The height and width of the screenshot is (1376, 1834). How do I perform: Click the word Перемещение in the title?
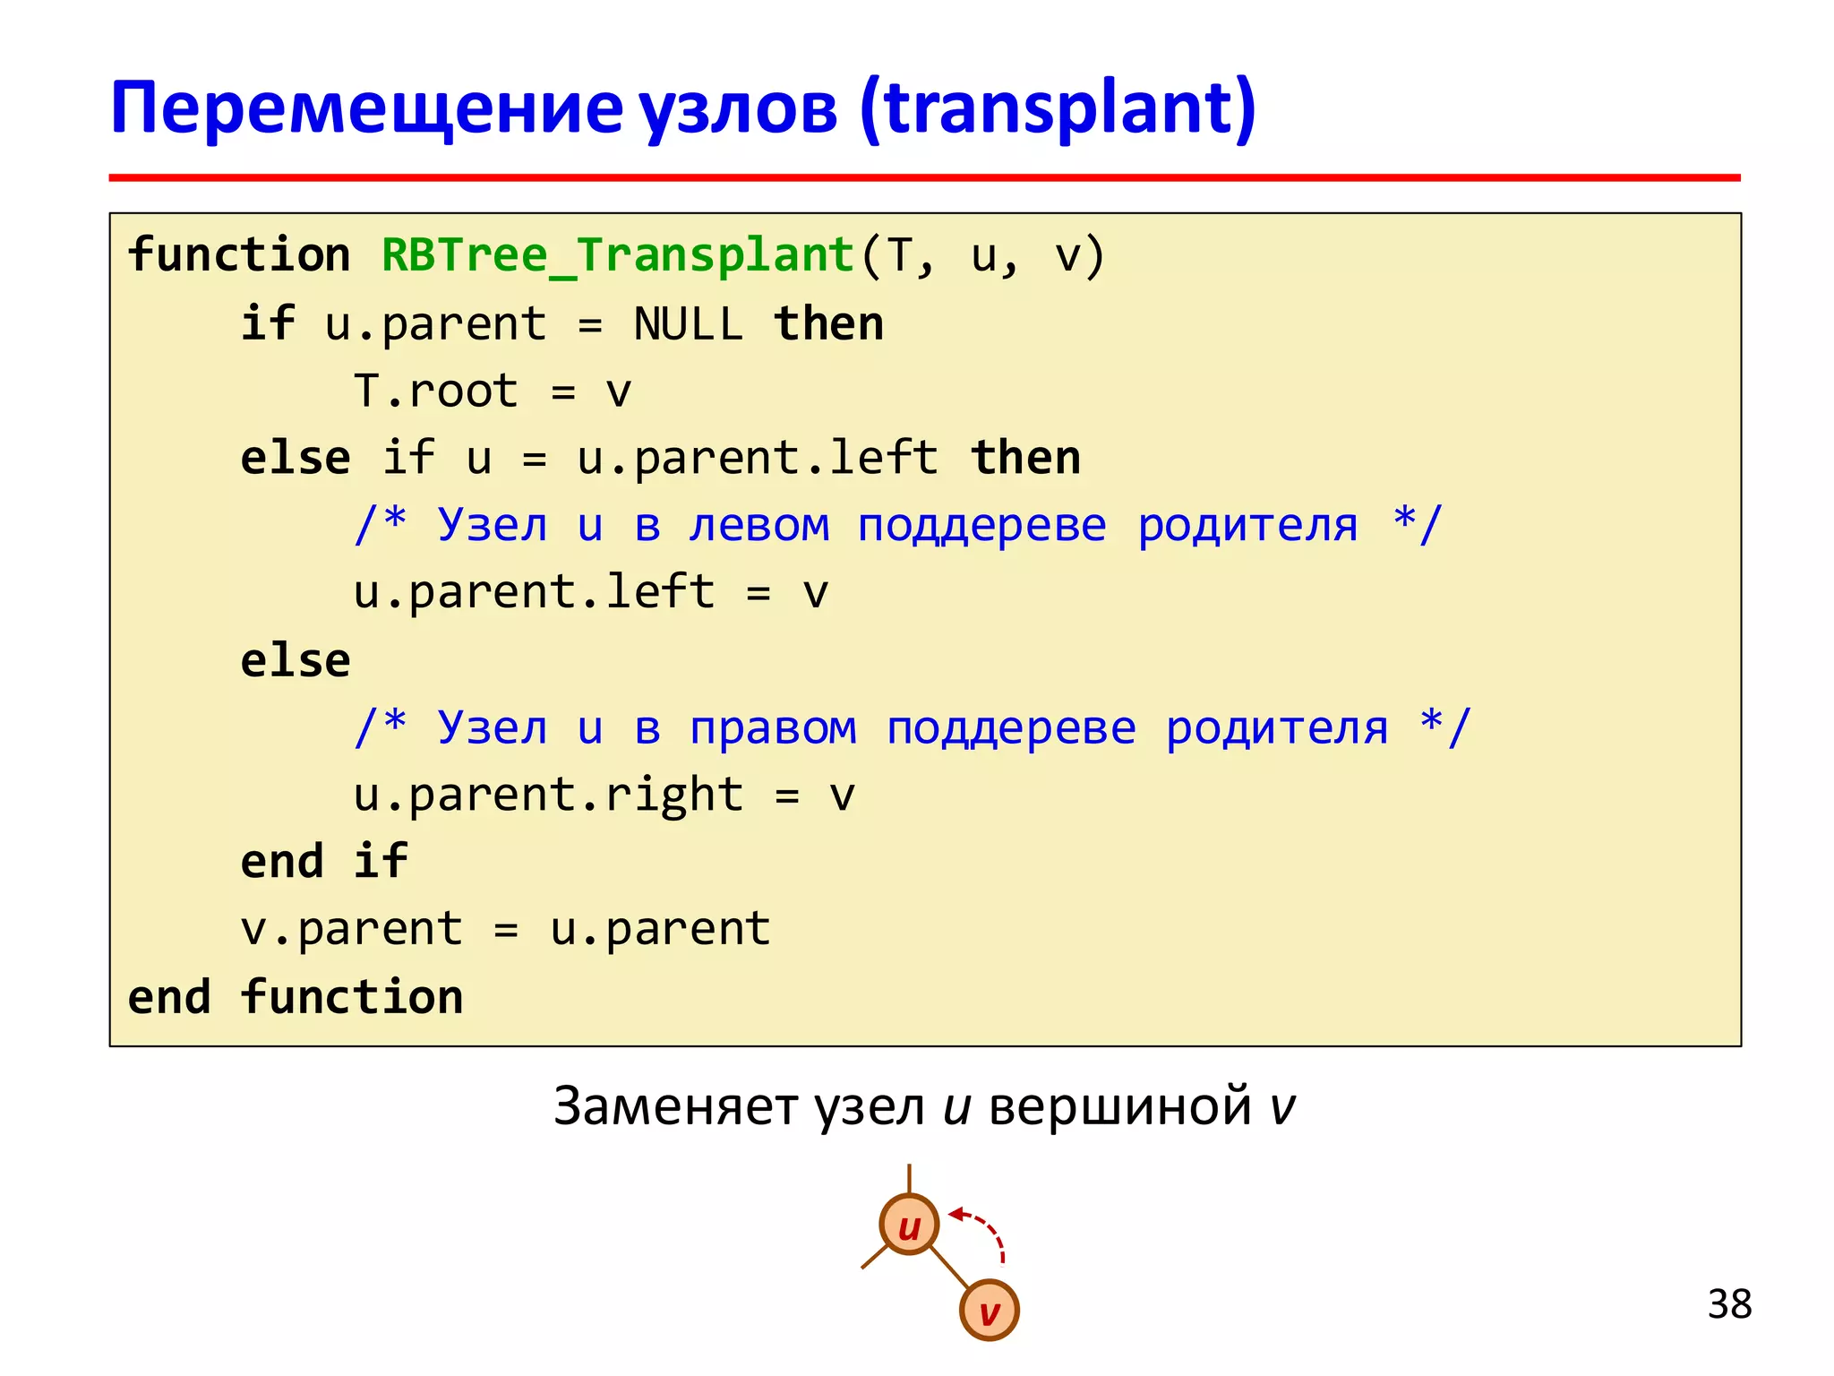point(366,108)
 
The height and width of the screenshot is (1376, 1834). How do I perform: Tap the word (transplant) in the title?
point(1058,108)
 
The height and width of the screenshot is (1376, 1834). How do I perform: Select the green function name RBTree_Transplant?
point(618,255)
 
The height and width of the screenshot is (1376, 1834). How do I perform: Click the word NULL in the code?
point(688,324)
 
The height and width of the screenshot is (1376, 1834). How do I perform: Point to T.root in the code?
point(435,391)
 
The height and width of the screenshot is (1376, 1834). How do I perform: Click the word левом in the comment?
point(759,525)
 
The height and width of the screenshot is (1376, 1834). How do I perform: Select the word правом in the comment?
point(773,727)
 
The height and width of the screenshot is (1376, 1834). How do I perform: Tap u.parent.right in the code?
point(548,795)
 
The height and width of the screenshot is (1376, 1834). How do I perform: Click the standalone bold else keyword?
point(296,661)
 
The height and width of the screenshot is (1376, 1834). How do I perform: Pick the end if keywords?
point(324,862)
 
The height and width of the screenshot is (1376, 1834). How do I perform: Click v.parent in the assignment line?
point(351,929)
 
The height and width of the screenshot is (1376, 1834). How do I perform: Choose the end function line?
point(296,997)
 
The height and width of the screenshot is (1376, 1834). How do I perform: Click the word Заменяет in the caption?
point(675,1106)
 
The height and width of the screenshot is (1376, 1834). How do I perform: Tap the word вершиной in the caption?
point(1119,1106)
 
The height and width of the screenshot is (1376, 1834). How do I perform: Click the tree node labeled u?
point(909,1225)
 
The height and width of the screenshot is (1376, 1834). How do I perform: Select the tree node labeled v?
point(989,1311)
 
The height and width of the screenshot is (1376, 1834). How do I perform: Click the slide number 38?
point(1729,1304)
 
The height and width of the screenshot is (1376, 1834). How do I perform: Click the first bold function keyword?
point(238,255)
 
